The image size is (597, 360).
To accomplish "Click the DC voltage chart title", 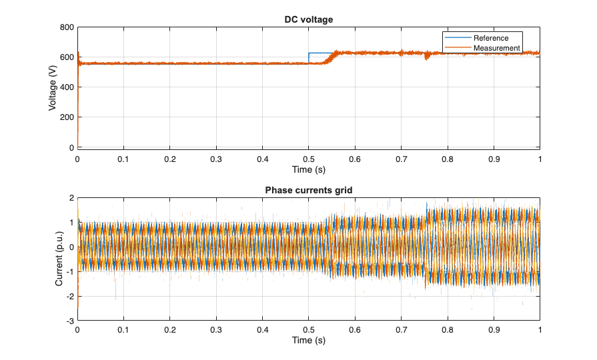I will [x=308, y=19].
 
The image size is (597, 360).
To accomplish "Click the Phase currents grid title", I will [x=308, y=190].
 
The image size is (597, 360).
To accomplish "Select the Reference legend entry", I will [x=490, y=38].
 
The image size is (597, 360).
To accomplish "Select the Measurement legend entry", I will [x=496, y=48].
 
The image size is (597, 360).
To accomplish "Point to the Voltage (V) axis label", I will [x=53, y=87].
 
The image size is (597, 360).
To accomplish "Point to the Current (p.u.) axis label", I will [x=59, y=259].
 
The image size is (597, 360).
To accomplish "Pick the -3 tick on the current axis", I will [x=69, y=321].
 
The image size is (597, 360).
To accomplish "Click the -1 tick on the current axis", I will [x=69, y=271].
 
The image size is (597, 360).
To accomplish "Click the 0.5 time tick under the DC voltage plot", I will [x=308, y=159].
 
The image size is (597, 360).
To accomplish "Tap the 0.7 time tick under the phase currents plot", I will [x=401, y=330].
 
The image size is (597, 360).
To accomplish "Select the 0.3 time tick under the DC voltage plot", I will [x=216, y=159].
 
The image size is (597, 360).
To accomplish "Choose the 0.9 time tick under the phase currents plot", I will [x=494, y=330].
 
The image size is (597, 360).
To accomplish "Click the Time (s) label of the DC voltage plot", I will [x=308, y=170].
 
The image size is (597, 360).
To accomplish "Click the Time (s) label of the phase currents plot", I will [x=308, y=341].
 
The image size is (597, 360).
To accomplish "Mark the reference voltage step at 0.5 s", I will [x=309, y=57].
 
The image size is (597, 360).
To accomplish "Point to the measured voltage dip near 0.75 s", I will [x=427, y=57].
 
